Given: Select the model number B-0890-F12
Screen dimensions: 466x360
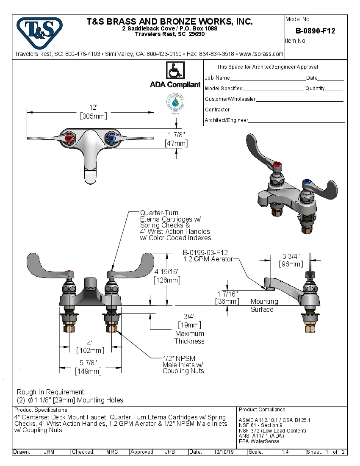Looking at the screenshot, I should click(315, 31).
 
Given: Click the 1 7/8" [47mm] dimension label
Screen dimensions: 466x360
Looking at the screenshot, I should click(176, 139).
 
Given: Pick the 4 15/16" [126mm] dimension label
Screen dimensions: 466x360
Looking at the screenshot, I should click(168, 276).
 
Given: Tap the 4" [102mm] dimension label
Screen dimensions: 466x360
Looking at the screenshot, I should click(90, 347).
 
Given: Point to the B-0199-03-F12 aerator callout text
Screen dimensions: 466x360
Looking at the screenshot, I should click(208, 255).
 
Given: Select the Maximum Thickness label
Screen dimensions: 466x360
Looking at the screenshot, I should click(189, 337).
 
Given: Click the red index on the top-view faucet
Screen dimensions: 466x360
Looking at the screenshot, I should click(71, 139).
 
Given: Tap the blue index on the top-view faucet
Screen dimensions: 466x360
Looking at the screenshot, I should click(111, 138).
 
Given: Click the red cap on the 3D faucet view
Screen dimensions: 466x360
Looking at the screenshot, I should click(277, 165).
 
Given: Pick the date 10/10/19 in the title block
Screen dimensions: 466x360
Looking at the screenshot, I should click(224, 452).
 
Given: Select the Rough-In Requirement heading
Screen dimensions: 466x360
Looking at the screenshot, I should click(51, 392).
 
